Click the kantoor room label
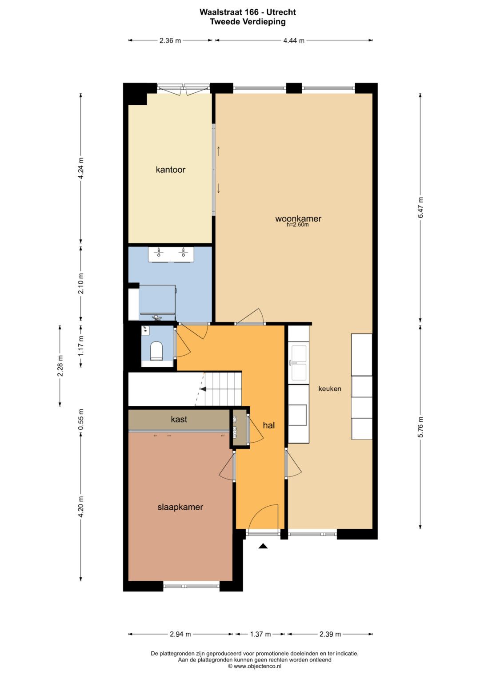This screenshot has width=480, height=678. (x=170, y=170)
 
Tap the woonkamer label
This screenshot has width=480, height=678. (x=298, y=218)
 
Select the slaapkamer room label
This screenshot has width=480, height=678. (x=180, y=508)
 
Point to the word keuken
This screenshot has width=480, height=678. (x=330, y=389)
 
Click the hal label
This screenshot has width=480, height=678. (x=269, y=425)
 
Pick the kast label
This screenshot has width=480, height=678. (x=179, y=419)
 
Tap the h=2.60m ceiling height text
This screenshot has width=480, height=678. (x=298, y=225)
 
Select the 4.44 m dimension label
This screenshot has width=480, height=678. (x=294, y=40)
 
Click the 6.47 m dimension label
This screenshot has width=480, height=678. (x=420, y=207)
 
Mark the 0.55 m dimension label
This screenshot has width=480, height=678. (x=80, y=419)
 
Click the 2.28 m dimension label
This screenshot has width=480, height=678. (x=60, y=365)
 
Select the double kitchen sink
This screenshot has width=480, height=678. (x=299, y=363)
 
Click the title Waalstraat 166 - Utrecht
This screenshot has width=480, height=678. (x=248, y=12)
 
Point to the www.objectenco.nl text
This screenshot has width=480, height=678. (x=255, y=666)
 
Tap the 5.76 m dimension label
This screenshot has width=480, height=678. (x=420, y=427)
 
